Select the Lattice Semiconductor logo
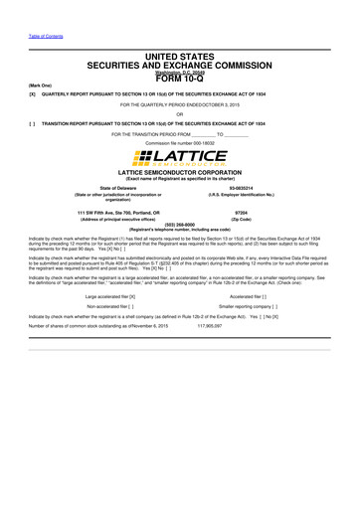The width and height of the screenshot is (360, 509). (x=180, y=158)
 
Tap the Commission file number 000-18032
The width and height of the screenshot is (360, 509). (x=180, y=143)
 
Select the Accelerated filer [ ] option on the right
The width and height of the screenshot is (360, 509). (x=252, y=295)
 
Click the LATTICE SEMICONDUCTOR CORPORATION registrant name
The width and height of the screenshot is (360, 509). (x=180, y=172)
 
